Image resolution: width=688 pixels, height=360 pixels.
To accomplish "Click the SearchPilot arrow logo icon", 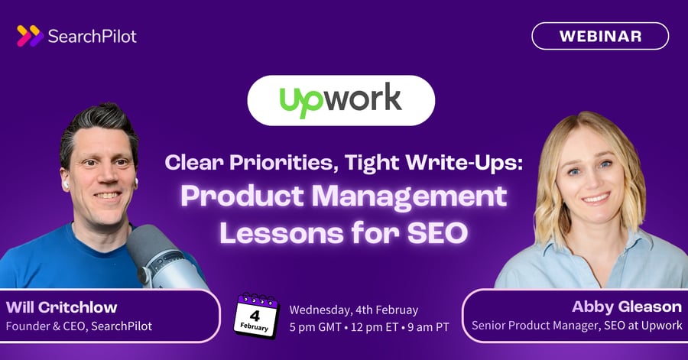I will click(x=29, y=35).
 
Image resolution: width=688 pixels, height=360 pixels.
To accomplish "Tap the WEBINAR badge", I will click(x=600, y=36).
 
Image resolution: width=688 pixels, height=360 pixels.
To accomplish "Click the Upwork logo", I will click(x=340, y=99).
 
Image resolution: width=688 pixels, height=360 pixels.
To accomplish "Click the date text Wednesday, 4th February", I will click(x=353, y=310).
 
